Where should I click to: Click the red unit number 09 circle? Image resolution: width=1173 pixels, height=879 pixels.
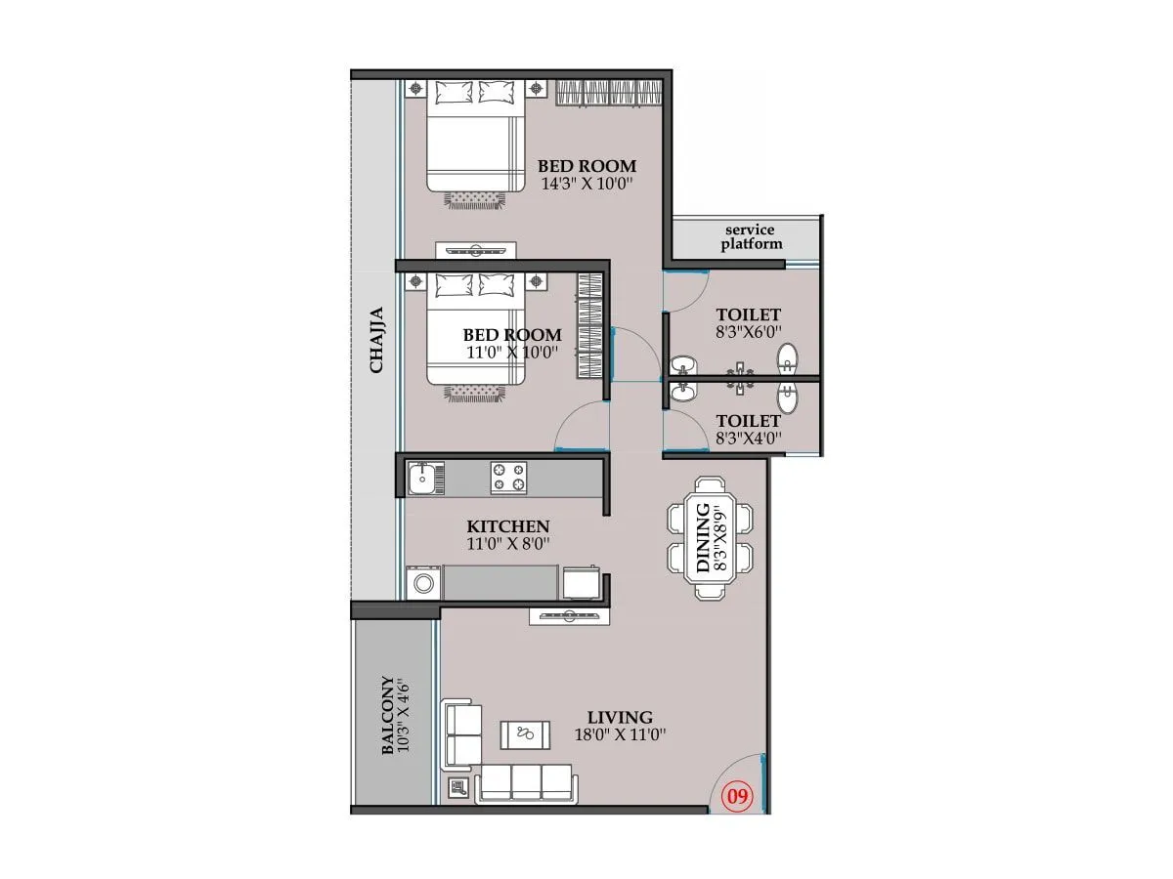click(x=738, y=796)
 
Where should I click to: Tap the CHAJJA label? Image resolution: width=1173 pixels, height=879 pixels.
click(x=377, y=340)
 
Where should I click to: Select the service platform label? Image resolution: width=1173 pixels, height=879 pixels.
click(x=752, y=237)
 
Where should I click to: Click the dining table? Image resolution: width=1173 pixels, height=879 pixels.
click(x=711, y=537)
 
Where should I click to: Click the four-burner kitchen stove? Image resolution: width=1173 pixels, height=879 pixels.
click(x=508, y=478)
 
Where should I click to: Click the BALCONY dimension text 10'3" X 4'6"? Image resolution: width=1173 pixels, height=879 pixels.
click(x=402, y=715)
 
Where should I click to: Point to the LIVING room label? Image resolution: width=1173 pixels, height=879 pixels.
click(x=621, y=717)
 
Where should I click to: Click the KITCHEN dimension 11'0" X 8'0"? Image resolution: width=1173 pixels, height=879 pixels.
click(x=507, y=544)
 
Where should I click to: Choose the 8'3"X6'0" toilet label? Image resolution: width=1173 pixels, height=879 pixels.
click(x=748, y=331)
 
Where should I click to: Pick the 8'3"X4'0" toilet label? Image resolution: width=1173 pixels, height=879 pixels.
click(x=748, y=437)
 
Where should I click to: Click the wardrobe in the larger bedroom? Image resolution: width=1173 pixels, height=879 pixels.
click(x=611, y=93)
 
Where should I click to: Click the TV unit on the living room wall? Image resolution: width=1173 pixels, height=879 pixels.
click(x=570, y=615)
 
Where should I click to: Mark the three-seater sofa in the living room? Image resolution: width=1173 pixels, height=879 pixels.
click(x=526, y=782)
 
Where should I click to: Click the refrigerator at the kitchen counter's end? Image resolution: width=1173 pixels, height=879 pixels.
click(x=581, y=582)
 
